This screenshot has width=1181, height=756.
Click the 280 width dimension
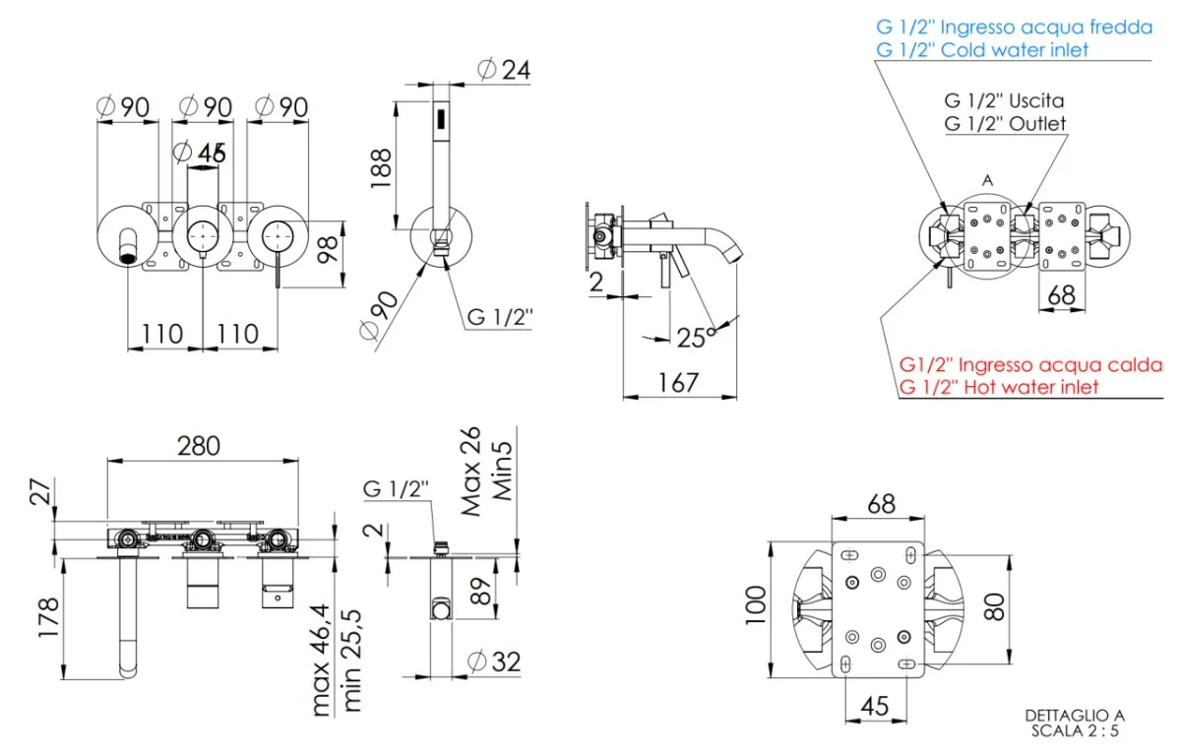pyautogui.click(x=201, y=446)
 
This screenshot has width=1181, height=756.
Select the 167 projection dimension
pyautogui.click(x=679, y=382)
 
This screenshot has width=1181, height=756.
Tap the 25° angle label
pyautogui.click(x=696, y=337)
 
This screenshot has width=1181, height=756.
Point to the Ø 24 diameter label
pyautogui.click(x=503, y=71)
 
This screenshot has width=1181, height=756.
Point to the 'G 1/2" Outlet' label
pyautogui.click(x=1005, y=124)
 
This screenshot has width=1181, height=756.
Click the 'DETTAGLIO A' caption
pyautogui.click(x=1074, y=716)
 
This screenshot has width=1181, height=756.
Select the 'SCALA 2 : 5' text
pyautogui.click(x=1075, y=731)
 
